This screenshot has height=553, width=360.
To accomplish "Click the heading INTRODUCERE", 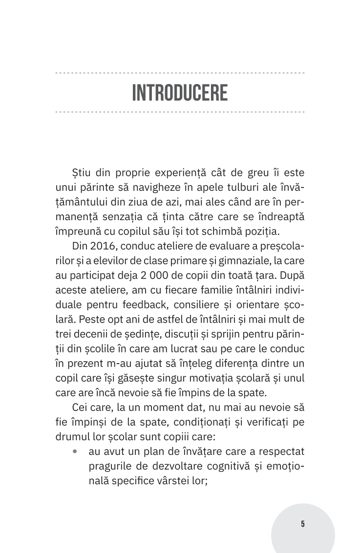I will pyautogui.click(x=180, y=93).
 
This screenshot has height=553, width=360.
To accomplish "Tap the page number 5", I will pyautogui.click(x=303, y=524).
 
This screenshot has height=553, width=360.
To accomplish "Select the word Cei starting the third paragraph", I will pyautogui.click(x=81, y=407).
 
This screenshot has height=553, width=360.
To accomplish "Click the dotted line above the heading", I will pyautogui.click(x=180, y=73).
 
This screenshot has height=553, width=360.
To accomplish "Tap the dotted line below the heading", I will pyautogui.click(x=180, y=112).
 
